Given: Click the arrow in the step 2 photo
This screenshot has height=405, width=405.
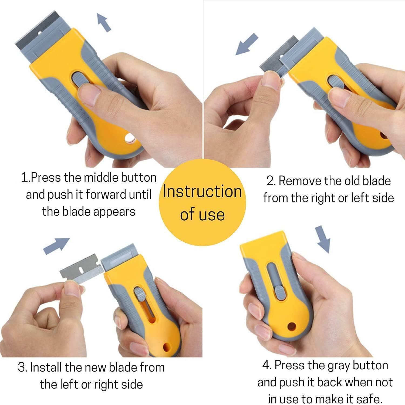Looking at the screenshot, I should pyautogui.click(x=247, y=44).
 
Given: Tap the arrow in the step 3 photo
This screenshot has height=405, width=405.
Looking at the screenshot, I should pyautogui.click(x=56, y=246).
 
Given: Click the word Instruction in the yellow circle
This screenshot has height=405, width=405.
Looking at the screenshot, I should pyautogui.click(x=202, y=192).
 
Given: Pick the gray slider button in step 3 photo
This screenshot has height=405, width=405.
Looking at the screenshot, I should pyautogui.click(x=139, y=294).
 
